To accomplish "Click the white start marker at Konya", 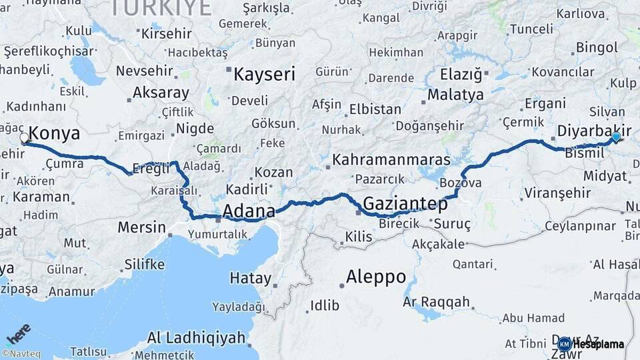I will point(25,139).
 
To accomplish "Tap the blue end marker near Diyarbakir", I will point(616,137).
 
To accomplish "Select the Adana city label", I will point(249,211).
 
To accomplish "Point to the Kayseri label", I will point(264,74).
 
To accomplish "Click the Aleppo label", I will point(376,277).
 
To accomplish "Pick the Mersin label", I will point(141,227).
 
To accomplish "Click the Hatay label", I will point(250,279).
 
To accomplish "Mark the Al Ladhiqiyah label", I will point(196,337).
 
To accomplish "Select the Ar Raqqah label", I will point(436,302).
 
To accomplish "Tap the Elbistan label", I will point(375,109).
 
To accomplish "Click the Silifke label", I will point(144,265).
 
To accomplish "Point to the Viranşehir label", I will point(557,193).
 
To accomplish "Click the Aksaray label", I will point(161,93).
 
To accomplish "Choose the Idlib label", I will point(324,306).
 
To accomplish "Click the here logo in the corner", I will point(18,334).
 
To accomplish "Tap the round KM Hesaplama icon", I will point(564,344).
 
